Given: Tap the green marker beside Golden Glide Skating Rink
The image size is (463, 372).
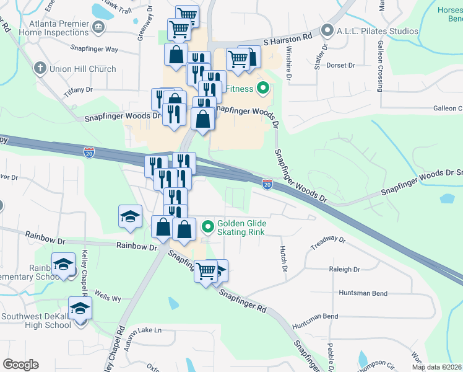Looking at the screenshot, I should pyautogui.click(x=208, y=224).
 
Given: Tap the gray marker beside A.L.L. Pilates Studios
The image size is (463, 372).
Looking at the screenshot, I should pyautogui.click(x=327, y=30).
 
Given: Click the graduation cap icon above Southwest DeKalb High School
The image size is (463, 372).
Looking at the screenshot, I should pyautogui.click(x=80, y=307).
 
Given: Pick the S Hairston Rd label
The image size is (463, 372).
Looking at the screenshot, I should pyautogui.click(x=287, y=38).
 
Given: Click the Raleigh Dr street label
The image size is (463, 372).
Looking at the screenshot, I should pyautogui.click(x=345, y=270).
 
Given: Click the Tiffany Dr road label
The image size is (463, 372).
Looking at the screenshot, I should pyautogui.click(x=78, y=92).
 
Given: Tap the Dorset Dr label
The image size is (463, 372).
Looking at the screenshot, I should pyautogui.click(x=340, y=64).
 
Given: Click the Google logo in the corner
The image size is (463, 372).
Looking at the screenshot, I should pyautogui.click(x=20, y=365).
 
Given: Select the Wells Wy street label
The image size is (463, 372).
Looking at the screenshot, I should pyautogui.click(x=108, y=298).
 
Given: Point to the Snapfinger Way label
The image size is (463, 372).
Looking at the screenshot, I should pyautogui.click(x=94, y=48).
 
